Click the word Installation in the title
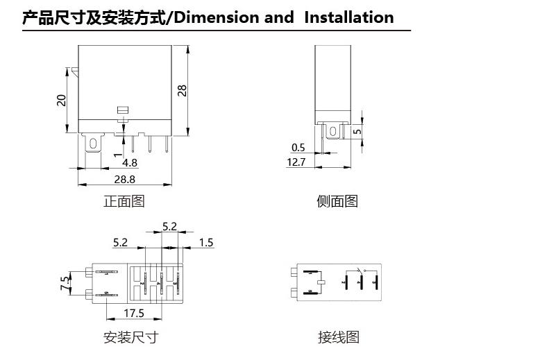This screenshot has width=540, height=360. point(348,18)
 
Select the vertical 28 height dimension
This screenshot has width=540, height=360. point(183,89)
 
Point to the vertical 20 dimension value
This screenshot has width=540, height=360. point(62,100)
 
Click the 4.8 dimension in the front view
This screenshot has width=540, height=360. point(130,163)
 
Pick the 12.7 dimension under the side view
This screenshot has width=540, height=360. point(296,162)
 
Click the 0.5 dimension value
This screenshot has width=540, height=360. point(298,147)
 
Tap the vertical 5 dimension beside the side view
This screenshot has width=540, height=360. point(357,130)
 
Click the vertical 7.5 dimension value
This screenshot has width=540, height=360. point(65,283)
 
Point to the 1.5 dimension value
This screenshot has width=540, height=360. point(206,243)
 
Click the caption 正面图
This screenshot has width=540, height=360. point(124,201)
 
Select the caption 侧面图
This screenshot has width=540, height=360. point(337,201)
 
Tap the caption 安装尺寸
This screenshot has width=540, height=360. point(130,338)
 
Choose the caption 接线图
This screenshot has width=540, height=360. point(339,338)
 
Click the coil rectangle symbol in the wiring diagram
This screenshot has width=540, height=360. point(321,282)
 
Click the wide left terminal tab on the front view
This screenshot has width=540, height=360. point(91,144)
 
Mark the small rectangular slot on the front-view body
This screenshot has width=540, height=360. point(124,110)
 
